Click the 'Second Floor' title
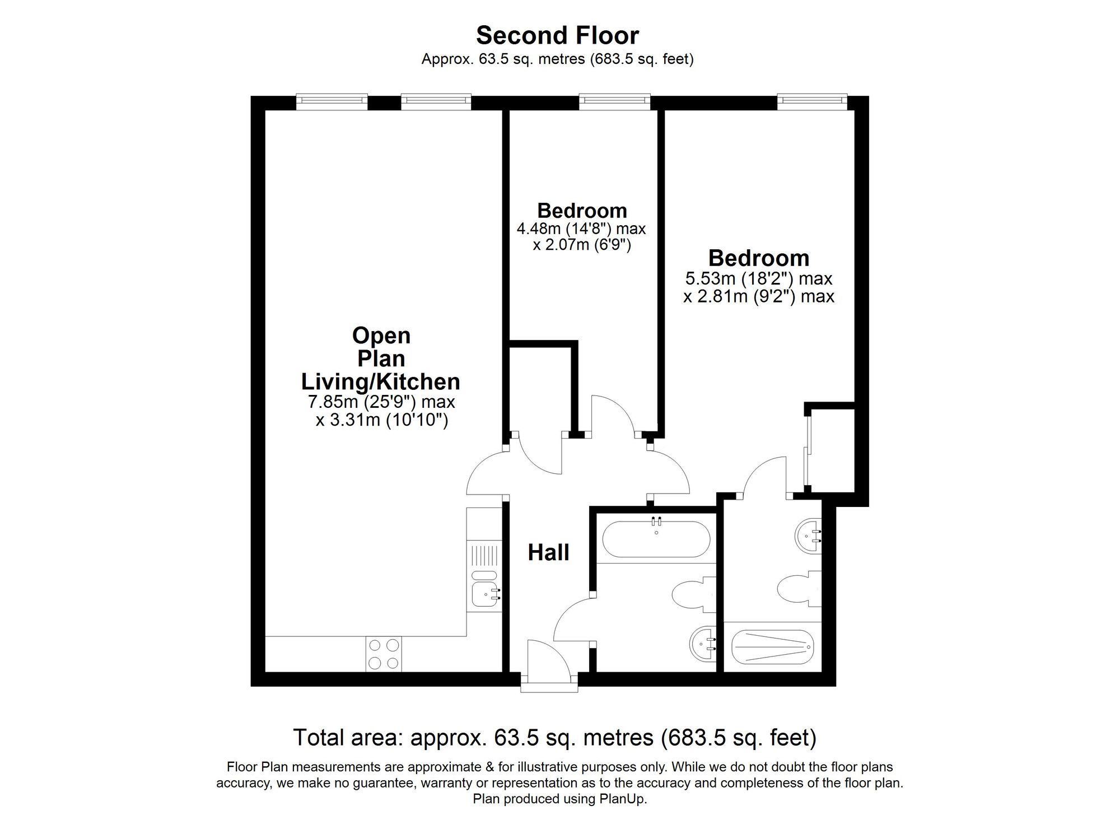557,36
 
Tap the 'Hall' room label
548,553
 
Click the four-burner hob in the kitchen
384,654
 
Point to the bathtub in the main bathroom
656,539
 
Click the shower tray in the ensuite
772,647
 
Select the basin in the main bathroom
702,645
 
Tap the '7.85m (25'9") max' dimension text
381,402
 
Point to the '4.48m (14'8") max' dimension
581,229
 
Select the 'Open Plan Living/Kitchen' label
381,358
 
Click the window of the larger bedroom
812,101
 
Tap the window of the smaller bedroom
615,101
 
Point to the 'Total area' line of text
554,738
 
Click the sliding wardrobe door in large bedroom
808,451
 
